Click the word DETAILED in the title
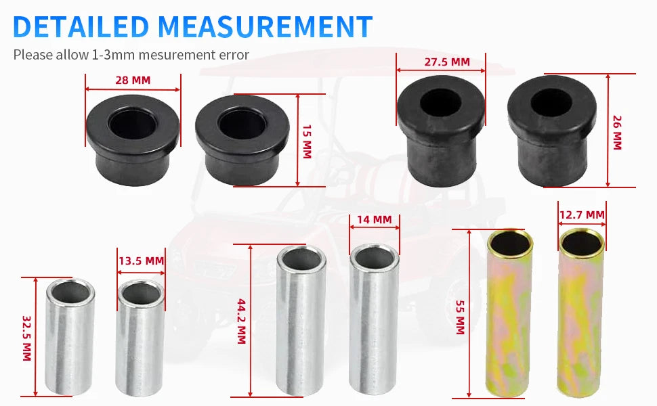(x=81, y=26)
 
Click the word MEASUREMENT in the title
(x=266, y=26)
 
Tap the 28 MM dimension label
(x=133, y=80)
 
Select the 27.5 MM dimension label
(x=447, y=62)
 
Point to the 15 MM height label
(x=307, y=141)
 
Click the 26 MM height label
(x=617, y=133)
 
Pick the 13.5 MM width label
(x=141, y=261)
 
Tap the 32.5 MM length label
(x=26, y=338)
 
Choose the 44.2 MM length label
(x=241, y=321)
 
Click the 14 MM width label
(x=374, y=219)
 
